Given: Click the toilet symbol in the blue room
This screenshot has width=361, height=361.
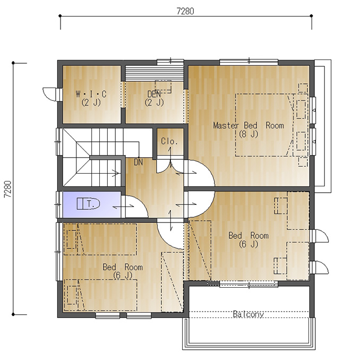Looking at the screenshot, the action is (88, 203).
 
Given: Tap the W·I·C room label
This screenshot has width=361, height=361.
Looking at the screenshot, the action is (91, 94).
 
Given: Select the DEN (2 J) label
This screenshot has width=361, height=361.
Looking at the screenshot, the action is (154, 98).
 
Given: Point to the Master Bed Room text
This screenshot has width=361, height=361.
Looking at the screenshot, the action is (248, 125).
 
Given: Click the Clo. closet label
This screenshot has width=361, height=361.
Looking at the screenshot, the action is (169, 141).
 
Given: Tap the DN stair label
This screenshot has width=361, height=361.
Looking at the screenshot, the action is (139, 162).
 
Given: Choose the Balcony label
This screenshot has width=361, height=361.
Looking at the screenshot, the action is (248, 314).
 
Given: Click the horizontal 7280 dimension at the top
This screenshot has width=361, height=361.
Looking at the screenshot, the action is (185, 11).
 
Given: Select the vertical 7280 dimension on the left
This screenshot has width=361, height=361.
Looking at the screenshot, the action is (7, 189).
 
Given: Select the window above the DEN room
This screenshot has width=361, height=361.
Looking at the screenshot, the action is (170, 62).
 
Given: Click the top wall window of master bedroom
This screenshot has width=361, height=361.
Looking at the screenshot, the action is (248, 62).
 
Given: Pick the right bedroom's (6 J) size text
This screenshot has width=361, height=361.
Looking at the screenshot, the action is (248, 244).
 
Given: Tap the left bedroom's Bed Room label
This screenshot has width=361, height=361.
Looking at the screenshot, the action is (123, 267).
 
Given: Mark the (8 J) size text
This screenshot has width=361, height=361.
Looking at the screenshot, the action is (248, 134).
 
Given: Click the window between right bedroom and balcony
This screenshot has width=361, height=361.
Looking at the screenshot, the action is (248, 284).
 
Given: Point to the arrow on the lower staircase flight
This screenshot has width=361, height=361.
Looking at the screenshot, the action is (115, 173).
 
